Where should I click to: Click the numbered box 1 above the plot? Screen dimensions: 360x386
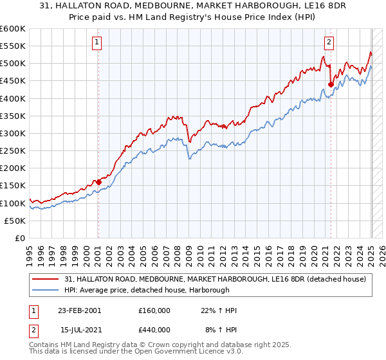coord(96,43)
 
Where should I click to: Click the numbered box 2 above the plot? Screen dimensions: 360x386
coord(329,43)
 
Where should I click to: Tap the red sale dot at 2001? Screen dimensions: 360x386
coord(98,182)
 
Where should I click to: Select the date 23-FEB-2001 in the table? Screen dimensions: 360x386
coord(78,310)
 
